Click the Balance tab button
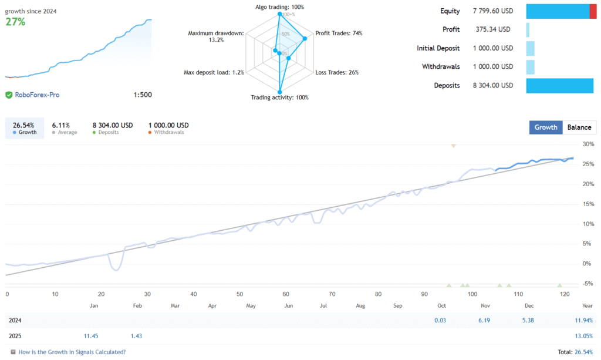tap(579, 127)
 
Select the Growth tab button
tap(546, 127)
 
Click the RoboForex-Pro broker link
tap(37, 95)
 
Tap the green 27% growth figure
tap(16, 22)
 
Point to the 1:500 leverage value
tap(143, 95)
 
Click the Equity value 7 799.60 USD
tap(492, 11)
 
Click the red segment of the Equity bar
tap(593, 11)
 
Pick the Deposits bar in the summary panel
tap(561, 85)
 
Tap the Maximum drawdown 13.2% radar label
tap(215, 36)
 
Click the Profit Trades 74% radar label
tap(339, 33)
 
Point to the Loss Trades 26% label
tap(337, 72)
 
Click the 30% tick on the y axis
tap(588, 144)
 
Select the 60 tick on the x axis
tap(285, 294)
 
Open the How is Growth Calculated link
tap(72, 352)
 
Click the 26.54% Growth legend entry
tap(24, 128)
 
